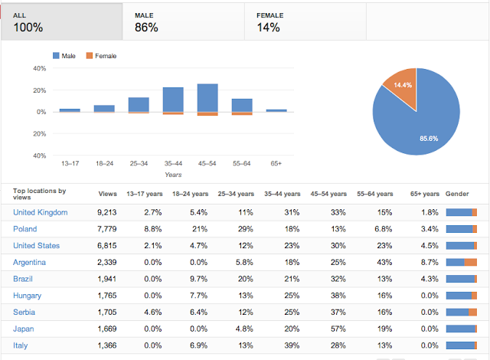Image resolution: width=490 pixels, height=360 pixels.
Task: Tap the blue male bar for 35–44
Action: point(173,100)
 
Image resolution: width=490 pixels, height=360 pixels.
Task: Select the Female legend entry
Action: point(101,56)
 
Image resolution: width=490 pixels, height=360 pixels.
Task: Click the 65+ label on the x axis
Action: point(276,163)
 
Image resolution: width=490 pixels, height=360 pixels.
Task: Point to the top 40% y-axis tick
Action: point(39,68)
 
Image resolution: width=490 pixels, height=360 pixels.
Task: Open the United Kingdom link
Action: point(41,212)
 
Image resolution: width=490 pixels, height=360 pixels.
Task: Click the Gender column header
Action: point(458,194)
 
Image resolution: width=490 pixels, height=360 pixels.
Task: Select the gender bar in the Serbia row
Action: point(461,312)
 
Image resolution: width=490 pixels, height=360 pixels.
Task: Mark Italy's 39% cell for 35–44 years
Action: point(292,345)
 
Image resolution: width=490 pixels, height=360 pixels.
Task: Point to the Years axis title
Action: point(174,175)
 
